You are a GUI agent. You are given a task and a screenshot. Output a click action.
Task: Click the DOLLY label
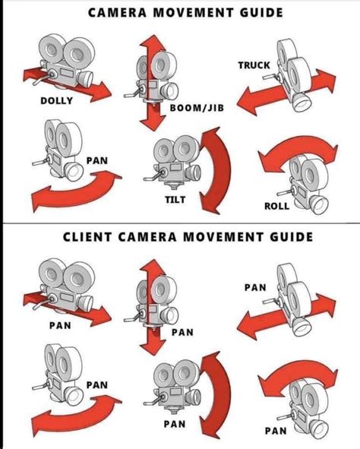56,101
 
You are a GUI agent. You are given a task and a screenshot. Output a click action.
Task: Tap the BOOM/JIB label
197,108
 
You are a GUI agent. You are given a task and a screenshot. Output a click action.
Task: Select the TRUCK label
254,65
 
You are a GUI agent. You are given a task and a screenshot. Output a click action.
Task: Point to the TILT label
175,200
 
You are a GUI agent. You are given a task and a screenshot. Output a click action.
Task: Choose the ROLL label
276,206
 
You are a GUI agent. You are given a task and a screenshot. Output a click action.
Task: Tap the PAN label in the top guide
97,160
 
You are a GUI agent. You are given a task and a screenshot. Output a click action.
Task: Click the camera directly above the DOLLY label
66,61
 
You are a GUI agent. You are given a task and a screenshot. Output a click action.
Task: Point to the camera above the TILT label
172,163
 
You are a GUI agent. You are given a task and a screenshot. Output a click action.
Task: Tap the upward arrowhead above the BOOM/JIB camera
153,43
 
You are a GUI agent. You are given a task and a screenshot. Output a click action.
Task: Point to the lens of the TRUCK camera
302,103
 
